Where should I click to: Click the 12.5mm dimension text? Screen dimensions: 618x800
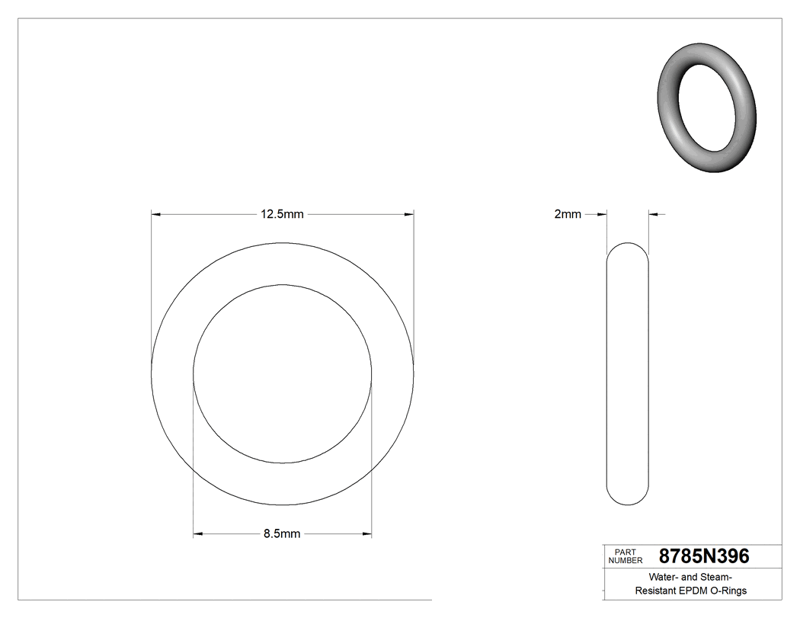pyautogui.click(x=282, y=215)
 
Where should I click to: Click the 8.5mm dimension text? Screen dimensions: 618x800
pyautogui.click(x=282, y=534)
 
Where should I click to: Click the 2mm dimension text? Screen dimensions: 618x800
pyautogui.click(x=567, y=215)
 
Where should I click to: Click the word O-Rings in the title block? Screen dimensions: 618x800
pyautogui.click(x=728, y=591)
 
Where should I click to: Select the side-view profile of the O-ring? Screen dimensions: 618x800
pyautogui.click(x=627, y=373)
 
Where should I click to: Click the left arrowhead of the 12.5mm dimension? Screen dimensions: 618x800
pyautogui.click(x=156, y=215)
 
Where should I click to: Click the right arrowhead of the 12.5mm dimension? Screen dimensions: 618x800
pyautogui.click(x=409, y=215)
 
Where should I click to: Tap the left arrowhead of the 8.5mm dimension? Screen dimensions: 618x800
pyautogui.click(x=198, y=534)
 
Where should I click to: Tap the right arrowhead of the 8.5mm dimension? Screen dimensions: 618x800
pyautogui.click(x=367, y=534)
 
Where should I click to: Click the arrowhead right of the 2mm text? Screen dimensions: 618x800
pyautogui.click(x=602, y=215)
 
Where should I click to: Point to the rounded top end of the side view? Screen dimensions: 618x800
pyautogui.click(x=627, y=248)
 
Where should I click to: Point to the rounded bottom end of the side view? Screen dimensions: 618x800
pyautogui.click(x=627, y=498)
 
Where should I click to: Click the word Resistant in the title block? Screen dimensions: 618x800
pyautogui.click(x=657, y=591)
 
